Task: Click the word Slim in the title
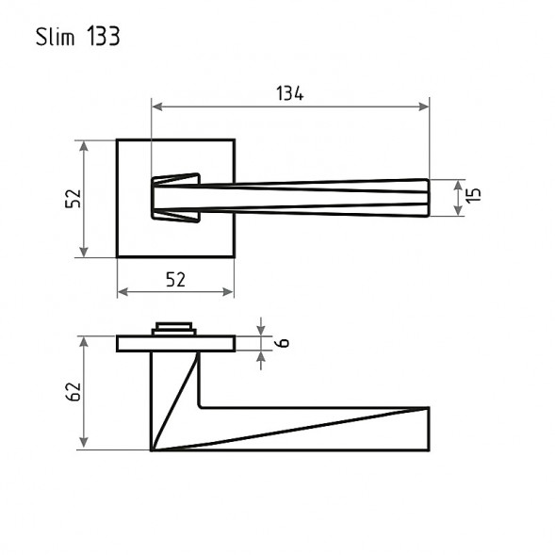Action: tap(57, 38)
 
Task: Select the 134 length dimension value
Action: tap(289, 92)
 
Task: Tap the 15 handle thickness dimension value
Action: tap(474, 196)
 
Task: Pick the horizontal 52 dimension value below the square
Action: tap(175, 279)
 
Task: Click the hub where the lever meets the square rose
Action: tap(175, 198)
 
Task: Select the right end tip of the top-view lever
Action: tap(429, 197)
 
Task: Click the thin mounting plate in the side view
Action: tap(175, 342)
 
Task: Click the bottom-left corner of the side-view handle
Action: tap(152, 449)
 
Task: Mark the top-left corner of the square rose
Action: tap(118, 141)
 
